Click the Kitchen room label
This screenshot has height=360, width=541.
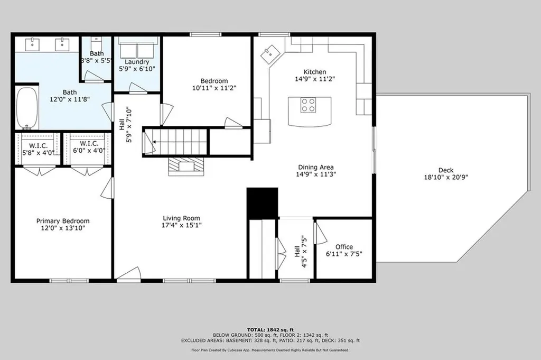pos(314,72)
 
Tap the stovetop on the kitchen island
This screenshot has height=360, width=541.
pos(309,106)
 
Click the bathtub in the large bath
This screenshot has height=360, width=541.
pos(27,108)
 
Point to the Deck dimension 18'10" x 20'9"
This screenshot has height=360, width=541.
pos(445,178)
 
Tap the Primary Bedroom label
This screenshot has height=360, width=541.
pos(63,221)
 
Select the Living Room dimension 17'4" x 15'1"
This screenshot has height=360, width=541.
pos(181,225)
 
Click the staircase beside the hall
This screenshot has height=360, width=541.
pos(180,142)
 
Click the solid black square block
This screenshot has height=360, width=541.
pos(263,203)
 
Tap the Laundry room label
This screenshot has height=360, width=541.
pos(137,62)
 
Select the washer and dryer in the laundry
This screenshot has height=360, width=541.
pos(137,50)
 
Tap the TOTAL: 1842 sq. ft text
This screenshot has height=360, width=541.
pos(270,329)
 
